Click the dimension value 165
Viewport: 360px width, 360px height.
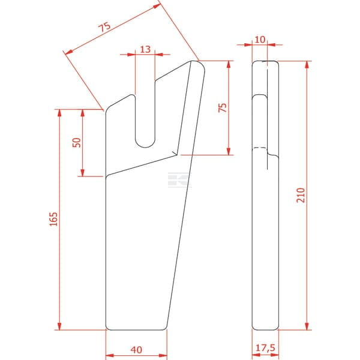[53, 219]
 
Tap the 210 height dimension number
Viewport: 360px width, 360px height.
[301, 195]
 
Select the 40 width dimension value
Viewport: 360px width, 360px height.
[136, 350]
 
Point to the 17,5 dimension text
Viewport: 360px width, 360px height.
[265, 348]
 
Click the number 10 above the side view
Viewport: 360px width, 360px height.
[260, 40]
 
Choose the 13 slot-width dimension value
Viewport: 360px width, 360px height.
[145, 49]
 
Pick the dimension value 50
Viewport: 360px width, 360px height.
[77, 143]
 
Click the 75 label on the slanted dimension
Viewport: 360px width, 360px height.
[104, 27]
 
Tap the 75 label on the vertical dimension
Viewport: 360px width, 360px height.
[223, 107]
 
